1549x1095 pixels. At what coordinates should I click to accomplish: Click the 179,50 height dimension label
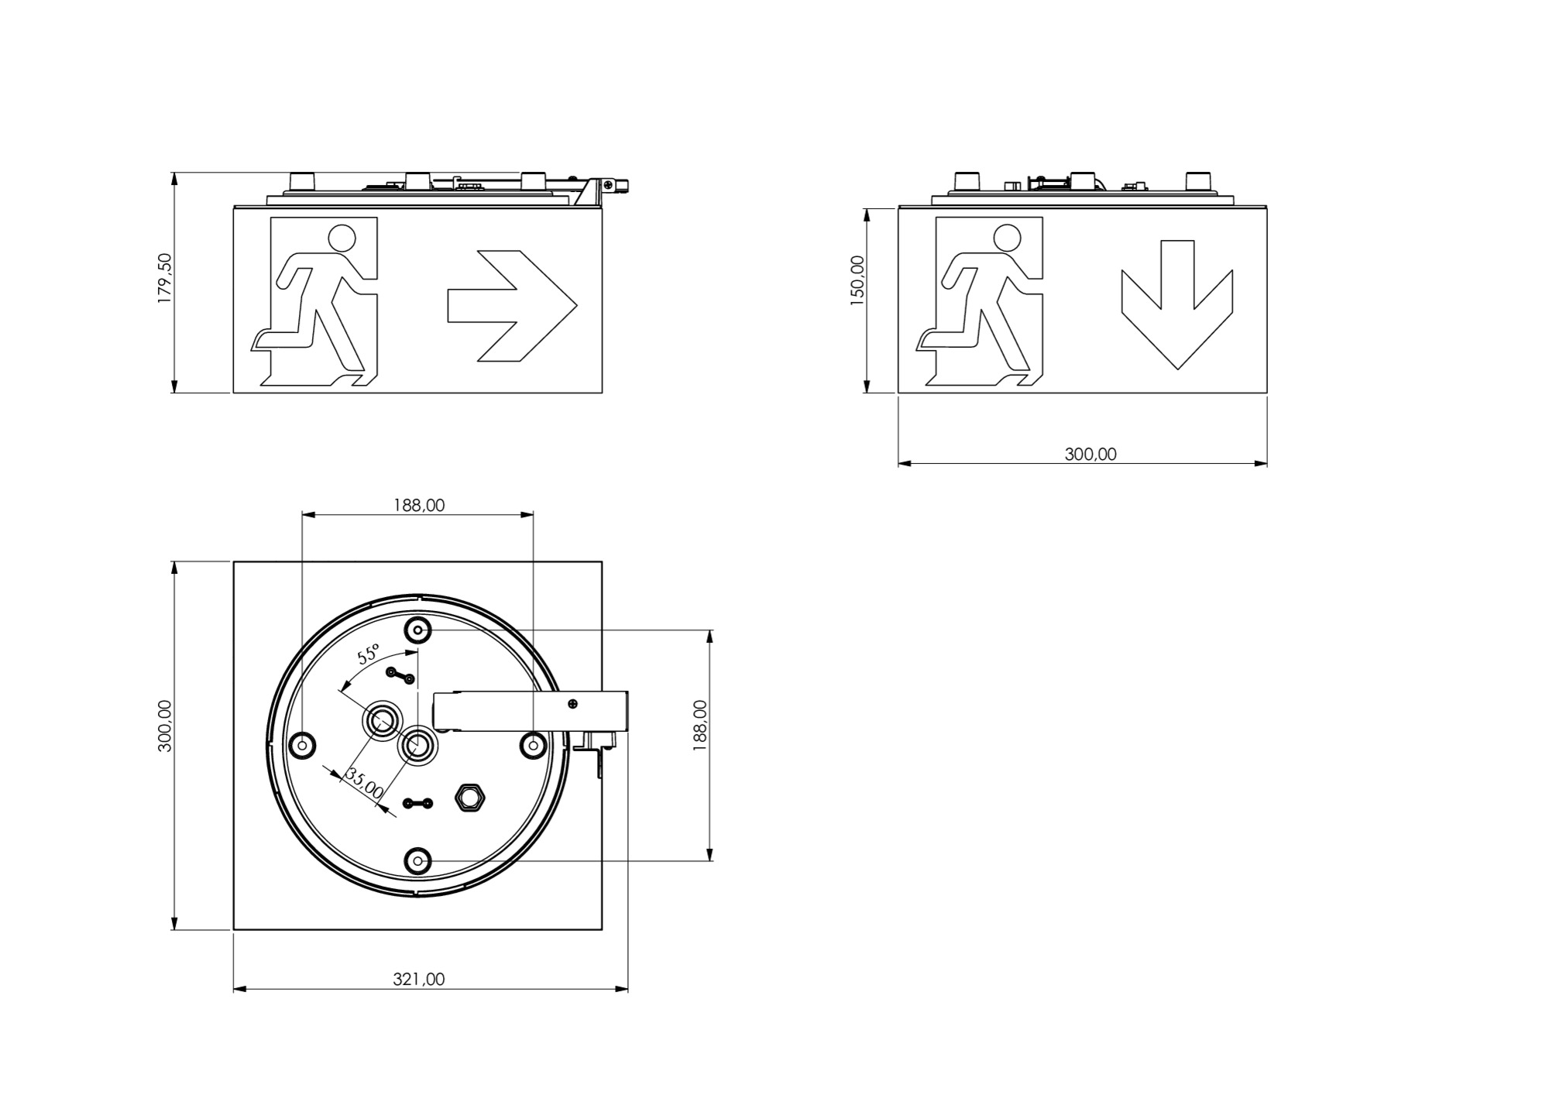[x=165, y=278]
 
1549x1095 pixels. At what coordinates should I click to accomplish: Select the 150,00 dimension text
[x=857, y=281]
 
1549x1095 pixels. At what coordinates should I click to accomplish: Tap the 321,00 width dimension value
[x=419, y=979]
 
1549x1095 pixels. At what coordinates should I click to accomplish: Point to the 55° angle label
[x=369, y=654]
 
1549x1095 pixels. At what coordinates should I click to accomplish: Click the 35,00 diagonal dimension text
[x=364, y=784]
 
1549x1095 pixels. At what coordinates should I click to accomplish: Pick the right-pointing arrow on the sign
[x=512, y=306]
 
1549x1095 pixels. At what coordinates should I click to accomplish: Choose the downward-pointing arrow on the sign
[x=1177, y=304]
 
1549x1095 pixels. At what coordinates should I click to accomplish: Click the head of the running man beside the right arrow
[x=342, y=238]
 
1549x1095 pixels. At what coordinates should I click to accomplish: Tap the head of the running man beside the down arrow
[x=1007, y=238]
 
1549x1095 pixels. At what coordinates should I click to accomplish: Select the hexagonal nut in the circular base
[x=469, y=797]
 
